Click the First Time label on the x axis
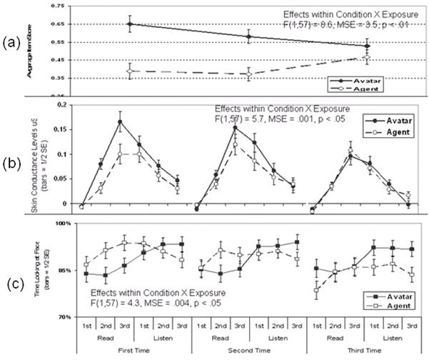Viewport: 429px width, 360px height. point(134,351)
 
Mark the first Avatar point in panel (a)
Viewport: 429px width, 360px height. point(129,24)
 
